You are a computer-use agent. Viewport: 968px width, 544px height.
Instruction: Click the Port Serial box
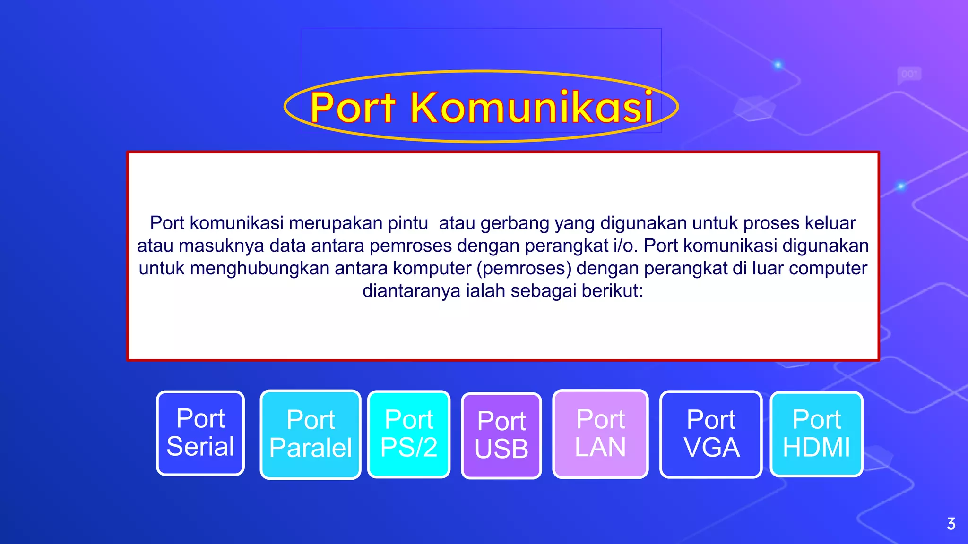200,433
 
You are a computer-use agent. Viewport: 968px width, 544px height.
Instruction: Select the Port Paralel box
311,434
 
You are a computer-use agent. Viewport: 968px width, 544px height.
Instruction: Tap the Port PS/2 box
409,434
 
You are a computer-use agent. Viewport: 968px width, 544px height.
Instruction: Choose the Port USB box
501,435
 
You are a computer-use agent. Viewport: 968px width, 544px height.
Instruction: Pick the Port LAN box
600,433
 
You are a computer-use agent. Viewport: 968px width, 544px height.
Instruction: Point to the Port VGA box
711,434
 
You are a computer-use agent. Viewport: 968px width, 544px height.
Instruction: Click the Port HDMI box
816,434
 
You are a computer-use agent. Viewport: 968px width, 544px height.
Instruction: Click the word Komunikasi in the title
532,108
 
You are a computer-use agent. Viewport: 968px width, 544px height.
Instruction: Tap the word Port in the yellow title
353,108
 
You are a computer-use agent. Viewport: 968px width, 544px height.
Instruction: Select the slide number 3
951,524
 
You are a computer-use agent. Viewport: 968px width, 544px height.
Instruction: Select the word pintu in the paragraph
407,223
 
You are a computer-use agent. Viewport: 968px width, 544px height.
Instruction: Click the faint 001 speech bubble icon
909,75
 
